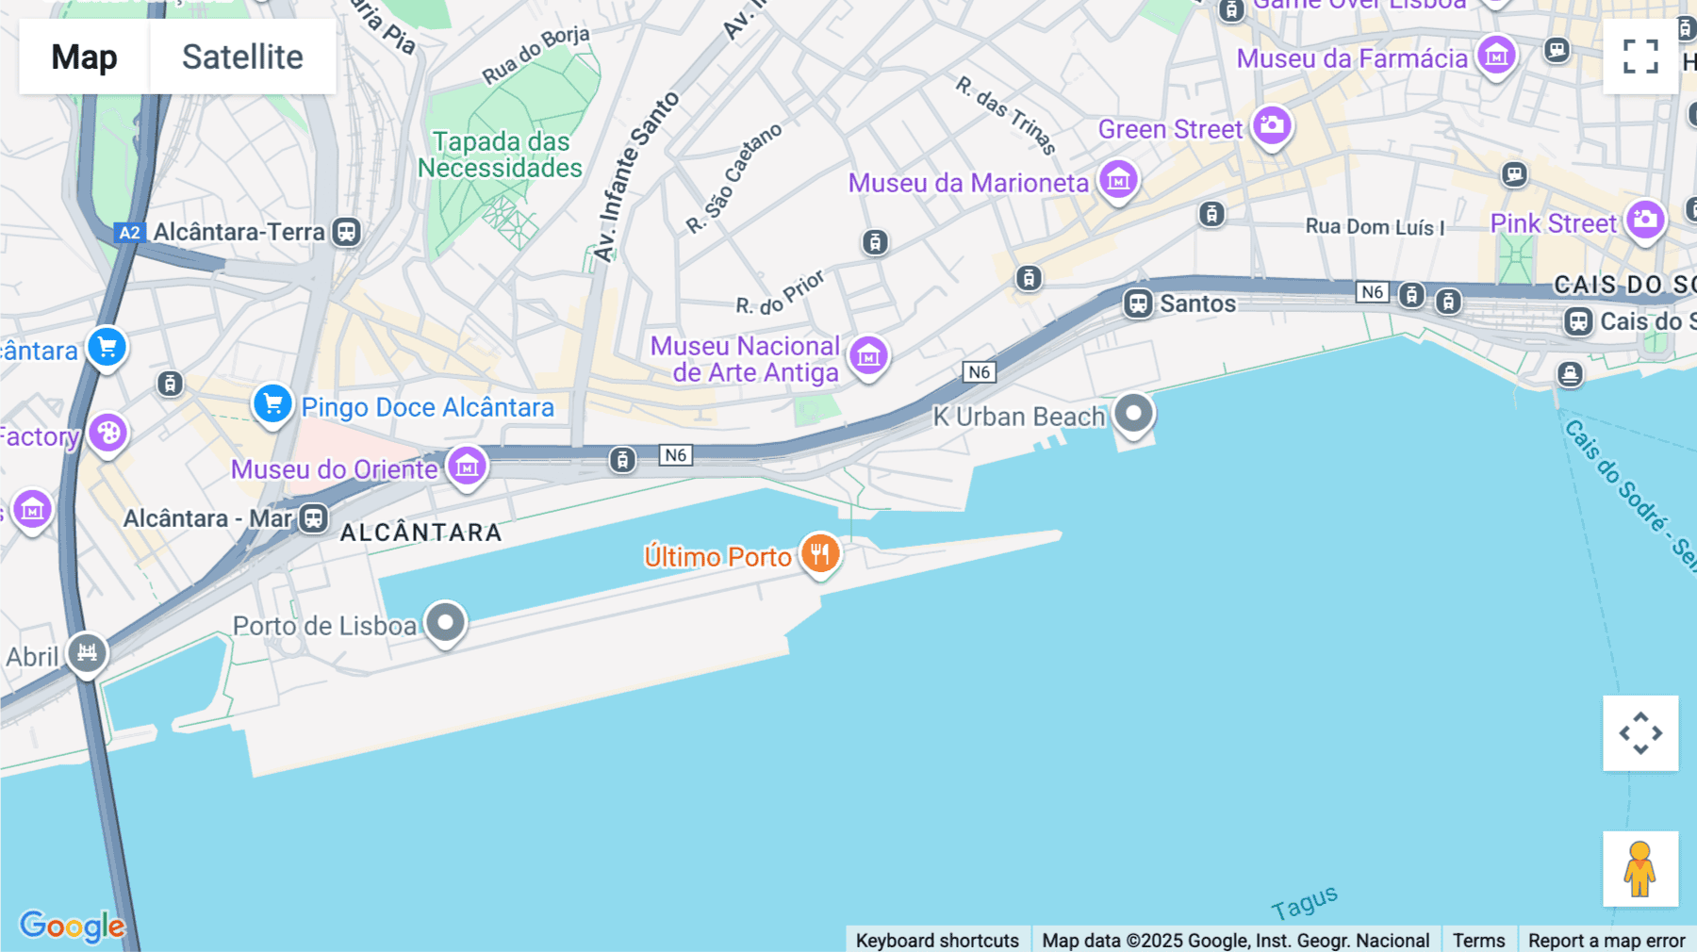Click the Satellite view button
point(242,57)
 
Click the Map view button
point(84,57)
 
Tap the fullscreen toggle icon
point(1640,57)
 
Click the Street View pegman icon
point(1640,868)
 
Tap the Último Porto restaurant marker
point(820,553)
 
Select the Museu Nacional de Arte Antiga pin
point(868,356)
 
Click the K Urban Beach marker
point(1133,413)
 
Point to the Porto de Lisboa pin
point(445,622)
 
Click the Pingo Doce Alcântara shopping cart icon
point(272,404)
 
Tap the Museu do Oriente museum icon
point(467,466)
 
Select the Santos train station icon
point(1138,304)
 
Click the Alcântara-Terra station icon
point(347,232)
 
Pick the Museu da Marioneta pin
point(1118,180)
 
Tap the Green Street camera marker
point(1272,125)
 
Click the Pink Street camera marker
point(1645,221)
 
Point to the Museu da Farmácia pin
point(1496,56)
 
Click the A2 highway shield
point(129,233)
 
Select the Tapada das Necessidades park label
point(501,155)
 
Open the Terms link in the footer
point(1478,940)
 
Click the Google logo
point(72,926)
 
